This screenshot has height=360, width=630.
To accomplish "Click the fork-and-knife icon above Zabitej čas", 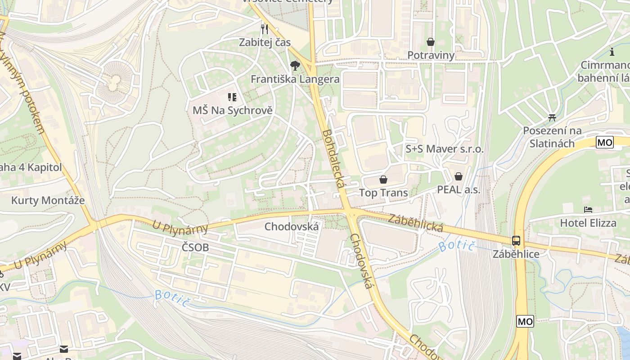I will pos(265,29).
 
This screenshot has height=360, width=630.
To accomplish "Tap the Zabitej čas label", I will pos(265,42).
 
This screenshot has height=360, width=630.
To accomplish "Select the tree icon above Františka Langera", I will pos(295,66).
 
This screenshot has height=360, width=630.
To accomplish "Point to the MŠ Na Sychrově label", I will pos(233,110).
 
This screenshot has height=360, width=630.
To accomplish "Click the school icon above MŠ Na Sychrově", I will pos(232,97).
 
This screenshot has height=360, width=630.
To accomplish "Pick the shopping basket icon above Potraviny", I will pos(431,42).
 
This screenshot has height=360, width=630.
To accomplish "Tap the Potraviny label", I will pos(431,55).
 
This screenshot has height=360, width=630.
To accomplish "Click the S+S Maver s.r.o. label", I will pos(445,149).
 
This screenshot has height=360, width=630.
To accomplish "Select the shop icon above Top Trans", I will pos(383,180).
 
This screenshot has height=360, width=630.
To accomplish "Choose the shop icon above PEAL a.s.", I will pos(459,176).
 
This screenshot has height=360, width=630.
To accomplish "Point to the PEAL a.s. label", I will pos(459,189).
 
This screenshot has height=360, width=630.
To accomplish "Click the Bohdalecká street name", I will pos(333,159).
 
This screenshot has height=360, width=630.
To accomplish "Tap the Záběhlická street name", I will pos(416,222).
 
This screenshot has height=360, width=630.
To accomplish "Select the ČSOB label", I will pos(195,247).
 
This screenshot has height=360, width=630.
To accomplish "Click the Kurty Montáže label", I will pos(48,200).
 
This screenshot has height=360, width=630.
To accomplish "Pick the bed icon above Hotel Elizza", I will pos(588,210).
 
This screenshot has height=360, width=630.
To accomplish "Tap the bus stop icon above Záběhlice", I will pos(516,241).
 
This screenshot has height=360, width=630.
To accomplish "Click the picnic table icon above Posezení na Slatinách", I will pos(552,118).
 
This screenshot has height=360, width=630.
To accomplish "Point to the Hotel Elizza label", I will pos(588,223).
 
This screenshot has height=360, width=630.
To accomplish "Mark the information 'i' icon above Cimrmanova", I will pos(612,52).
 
